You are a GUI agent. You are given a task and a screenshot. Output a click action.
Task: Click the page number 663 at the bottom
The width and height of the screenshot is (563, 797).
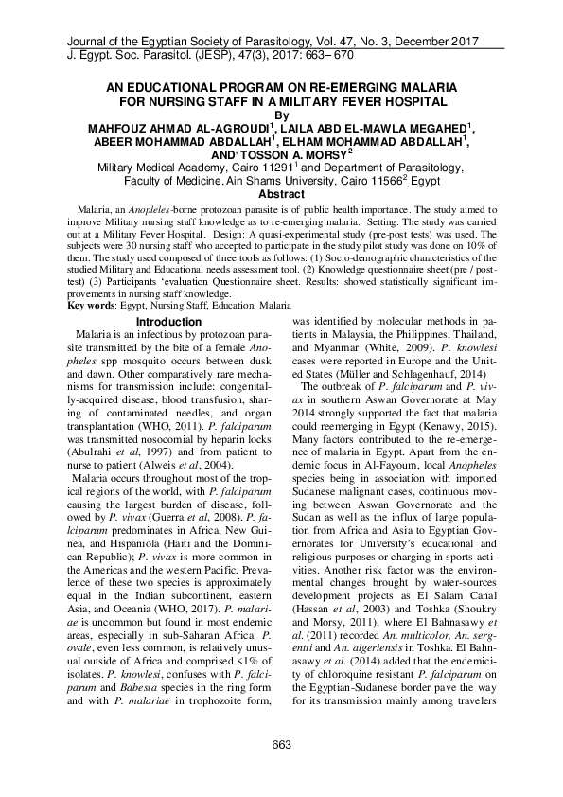281,745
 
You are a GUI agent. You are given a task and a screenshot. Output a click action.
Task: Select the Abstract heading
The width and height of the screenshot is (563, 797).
281,192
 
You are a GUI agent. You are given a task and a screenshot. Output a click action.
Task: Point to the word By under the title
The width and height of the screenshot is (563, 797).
281,113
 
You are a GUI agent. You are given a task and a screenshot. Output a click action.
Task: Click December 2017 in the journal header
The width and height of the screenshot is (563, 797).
437,44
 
